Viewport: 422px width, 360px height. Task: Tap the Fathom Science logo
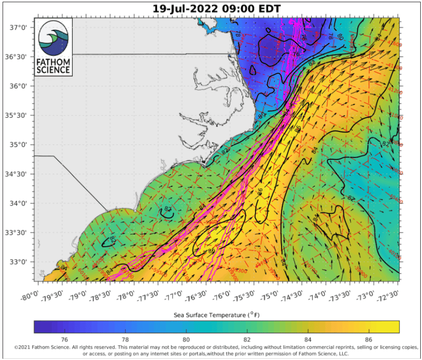tap(53, 47)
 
